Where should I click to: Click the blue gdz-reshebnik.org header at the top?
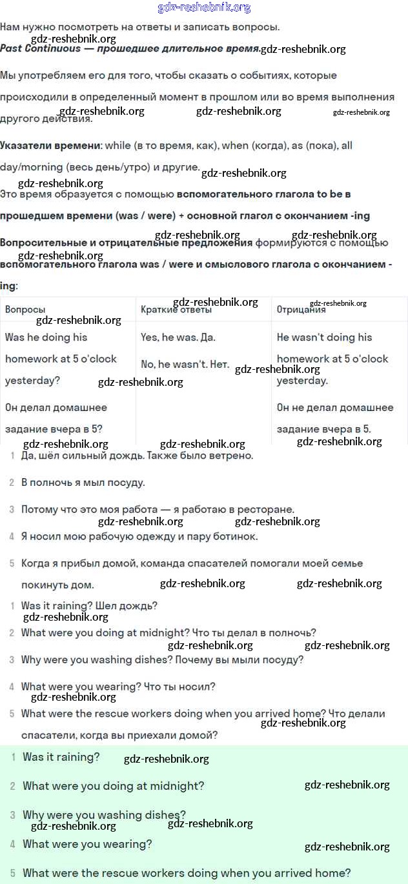pos(204,8)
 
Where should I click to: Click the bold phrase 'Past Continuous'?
pos(40,48)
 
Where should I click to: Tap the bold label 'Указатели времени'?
pos(51,146)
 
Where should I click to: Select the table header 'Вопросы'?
pos(25,310)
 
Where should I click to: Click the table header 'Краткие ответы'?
pos(176,310)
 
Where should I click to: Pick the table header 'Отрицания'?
pos(301,310)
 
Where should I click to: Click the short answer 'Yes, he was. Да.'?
pos(178,337)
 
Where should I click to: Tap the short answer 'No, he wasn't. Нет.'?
pos(185,365)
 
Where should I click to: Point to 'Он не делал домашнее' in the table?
pos(335,408)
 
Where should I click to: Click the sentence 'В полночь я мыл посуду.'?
pos(83,483)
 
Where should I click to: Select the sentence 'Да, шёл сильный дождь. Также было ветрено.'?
pos(137,456)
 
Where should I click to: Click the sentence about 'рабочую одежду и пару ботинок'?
pos(139,536)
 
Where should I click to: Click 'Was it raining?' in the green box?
pos(61,758)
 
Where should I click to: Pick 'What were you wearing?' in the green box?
pos(87,844)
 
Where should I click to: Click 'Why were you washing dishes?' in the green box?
pos(104,815)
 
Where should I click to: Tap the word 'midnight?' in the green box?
pos(178,786)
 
